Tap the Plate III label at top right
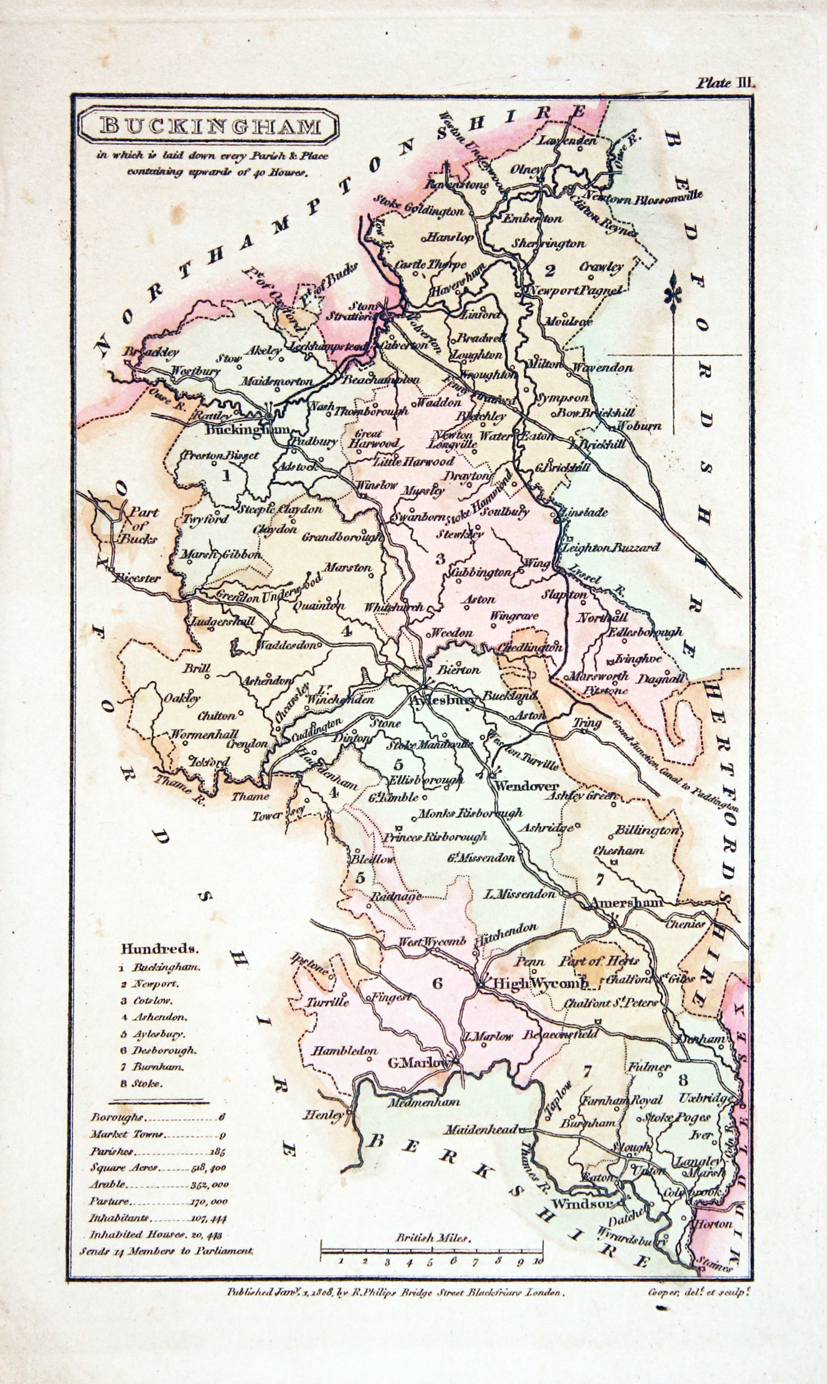pyautogui.click(x=724, y=84)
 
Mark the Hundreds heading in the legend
pyautogui.click(x=159, y=948)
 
